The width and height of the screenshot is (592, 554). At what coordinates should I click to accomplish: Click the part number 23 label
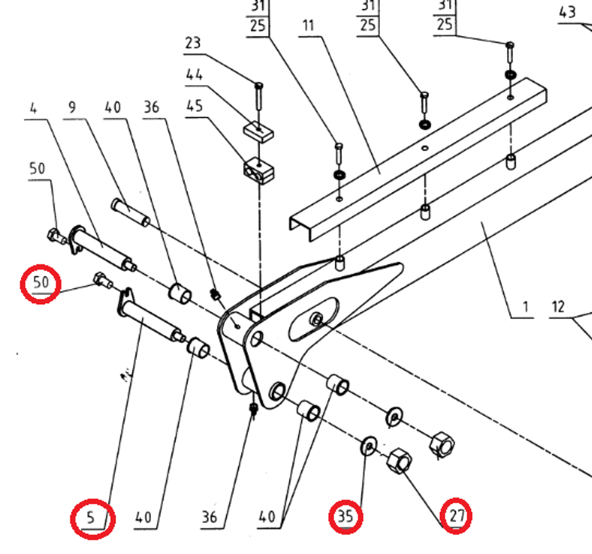(193, 43)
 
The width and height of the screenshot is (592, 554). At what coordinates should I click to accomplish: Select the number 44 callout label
(194, 75)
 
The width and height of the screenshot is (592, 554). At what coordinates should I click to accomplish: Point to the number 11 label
(308, 25)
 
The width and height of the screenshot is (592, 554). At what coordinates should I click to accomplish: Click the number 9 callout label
(72, 107)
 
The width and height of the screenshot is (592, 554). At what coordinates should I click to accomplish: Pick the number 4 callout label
(33, 108)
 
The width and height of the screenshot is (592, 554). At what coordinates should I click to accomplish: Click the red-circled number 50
(40, 283)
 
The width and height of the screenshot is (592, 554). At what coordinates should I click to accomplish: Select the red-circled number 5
(92, 517)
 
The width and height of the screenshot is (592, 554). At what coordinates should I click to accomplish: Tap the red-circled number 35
(346, 516)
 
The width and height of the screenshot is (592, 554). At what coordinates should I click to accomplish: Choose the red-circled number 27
(456, 515)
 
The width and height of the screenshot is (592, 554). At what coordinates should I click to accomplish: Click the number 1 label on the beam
(525, 307)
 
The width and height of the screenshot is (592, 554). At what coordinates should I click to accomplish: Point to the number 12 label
(557, 307)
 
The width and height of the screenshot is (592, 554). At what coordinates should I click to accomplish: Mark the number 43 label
(568, 11)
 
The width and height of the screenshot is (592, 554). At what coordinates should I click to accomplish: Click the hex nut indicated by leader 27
(399, 461)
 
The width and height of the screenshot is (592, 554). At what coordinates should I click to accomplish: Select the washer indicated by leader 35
(368, 446)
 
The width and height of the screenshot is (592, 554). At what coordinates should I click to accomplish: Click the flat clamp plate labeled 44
(258, 131)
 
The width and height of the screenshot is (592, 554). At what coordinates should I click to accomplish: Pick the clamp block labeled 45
(258, 171)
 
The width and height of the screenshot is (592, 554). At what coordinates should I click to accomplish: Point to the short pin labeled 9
(130, 212)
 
